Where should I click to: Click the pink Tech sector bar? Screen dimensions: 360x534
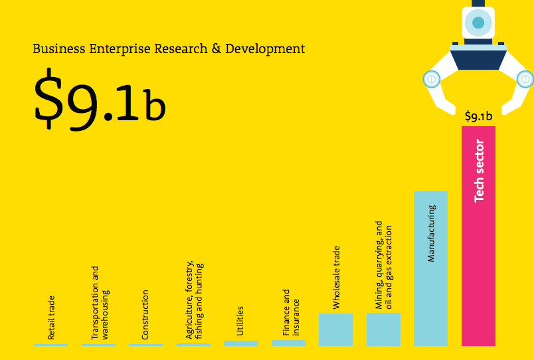[x=478, y=266]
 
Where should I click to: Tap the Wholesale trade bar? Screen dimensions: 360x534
[x=335, y=329]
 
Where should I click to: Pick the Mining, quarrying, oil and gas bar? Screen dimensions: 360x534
[x=383, y=329]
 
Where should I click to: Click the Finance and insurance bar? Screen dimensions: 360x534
[x=288, y=343]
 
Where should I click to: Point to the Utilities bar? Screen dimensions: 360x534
[x=240, y=343]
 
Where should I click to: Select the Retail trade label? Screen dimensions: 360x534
[x=51, y=318]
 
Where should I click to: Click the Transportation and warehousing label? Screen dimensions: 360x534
[x=100, y=304]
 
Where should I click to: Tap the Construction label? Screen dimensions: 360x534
[x=145, y=315]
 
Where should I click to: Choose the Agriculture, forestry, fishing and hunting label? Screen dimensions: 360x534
[x=193, y=300]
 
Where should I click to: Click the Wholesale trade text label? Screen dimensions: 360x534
[x=336, y=278]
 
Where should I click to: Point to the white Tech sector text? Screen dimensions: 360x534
[x=479, y=171]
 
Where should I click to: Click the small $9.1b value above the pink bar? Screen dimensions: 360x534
[x=478, y=116]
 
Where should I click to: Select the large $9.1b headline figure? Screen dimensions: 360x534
[x=99, y=102]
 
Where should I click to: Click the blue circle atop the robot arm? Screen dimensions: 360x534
[x=478, y=23]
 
